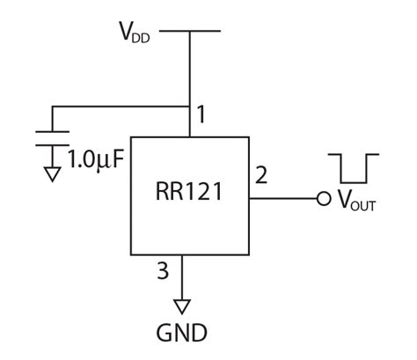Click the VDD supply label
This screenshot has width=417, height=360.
pos(135,33)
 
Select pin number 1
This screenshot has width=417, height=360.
pos(201,114)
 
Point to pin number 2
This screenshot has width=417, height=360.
pos(260,174)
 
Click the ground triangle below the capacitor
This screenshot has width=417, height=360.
pos(53,174)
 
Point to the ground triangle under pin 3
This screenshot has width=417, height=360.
pos(183,306)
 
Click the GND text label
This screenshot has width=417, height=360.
pos(182,334)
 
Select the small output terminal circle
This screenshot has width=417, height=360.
pos(324,198)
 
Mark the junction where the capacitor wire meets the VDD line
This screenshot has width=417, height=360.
pos(190,107)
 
